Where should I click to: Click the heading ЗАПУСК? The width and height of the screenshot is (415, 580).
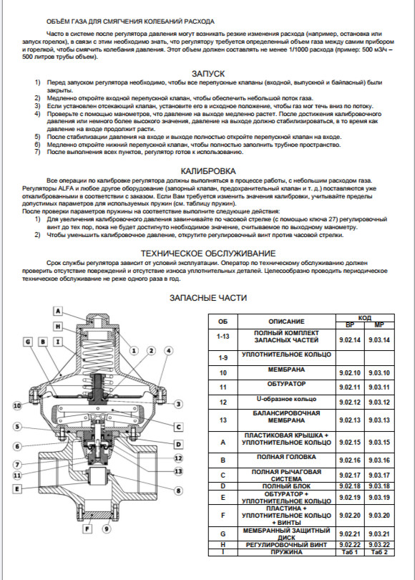208,74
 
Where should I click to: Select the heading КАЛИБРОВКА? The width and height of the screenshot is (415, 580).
208,171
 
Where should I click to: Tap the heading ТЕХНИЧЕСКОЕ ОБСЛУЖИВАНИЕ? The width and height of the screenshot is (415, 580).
208,253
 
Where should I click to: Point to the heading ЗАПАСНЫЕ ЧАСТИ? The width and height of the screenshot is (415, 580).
208,298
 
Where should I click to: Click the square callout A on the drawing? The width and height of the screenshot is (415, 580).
58,311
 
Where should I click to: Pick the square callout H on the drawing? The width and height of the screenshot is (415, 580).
58,327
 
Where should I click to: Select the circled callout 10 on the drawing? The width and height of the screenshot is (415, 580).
17,406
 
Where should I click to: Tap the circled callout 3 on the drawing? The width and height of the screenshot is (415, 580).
178,404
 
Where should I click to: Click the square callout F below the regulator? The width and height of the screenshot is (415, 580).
87,529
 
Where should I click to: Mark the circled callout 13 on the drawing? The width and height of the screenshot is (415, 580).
178,471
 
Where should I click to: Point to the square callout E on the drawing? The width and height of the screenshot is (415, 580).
16,488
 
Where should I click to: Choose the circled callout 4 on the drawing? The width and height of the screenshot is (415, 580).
168,351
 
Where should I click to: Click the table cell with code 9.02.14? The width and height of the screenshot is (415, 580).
350,340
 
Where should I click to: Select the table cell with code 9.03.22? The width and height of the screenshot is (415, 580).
379,545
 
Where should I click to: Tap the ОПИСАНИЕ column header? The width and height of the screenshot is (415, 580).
286,322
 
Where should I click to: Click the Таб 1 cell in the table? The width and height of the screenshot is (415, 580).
350,552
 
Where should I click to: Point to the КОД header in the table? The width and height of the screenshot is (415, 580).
365,318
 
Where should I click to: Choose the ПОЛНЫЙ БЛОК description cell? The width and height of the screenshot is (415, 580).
286,486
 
